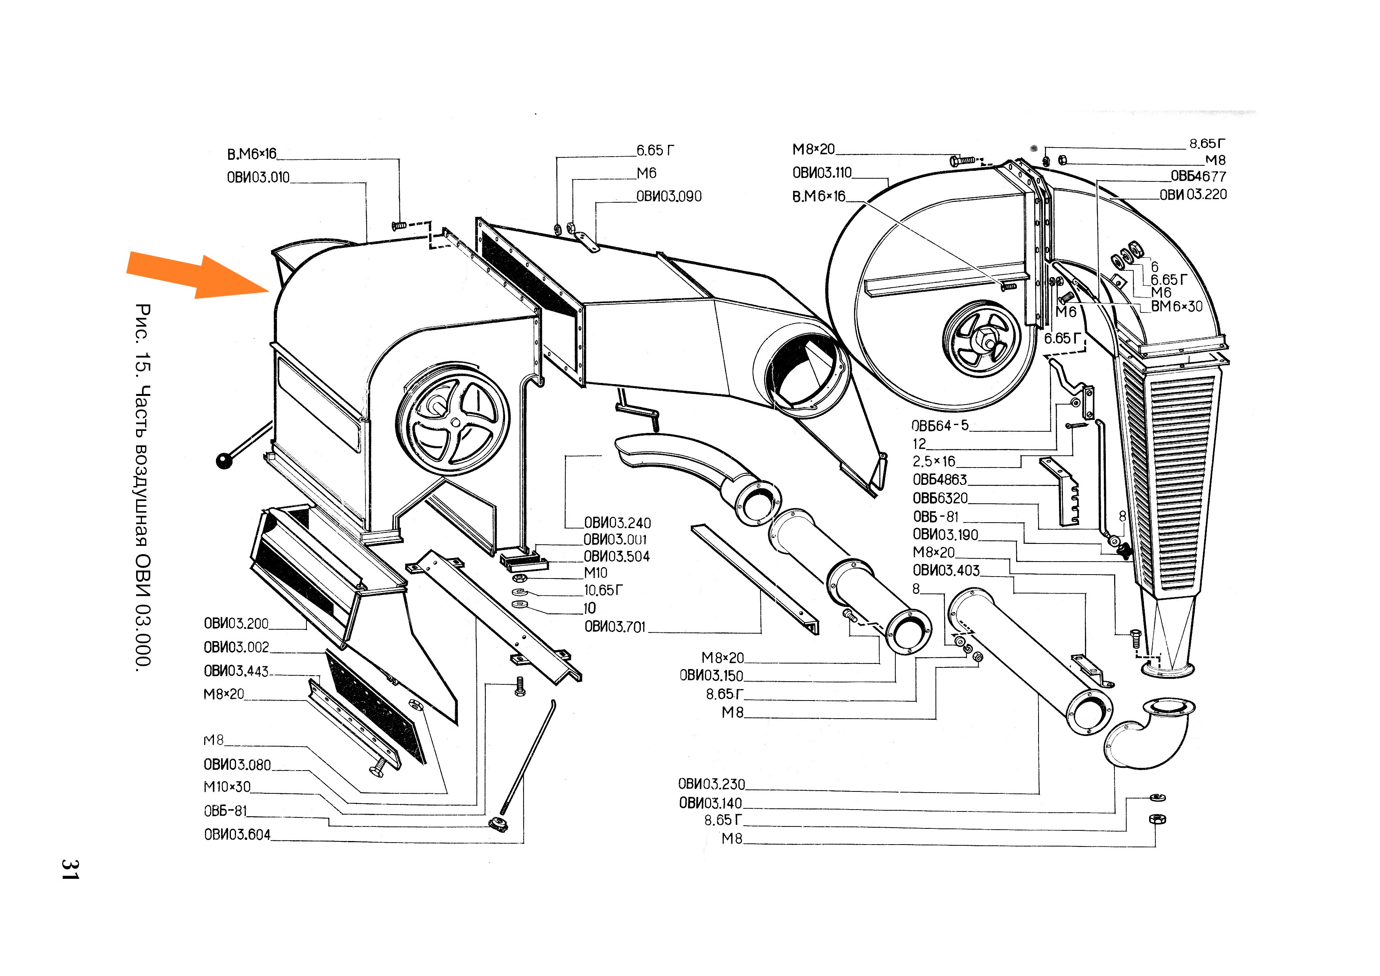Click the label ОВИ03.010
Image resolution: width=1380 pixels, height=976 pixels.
pos(258,178)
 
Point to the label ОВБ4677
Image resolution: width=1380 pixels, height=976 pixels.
pos(1198,177)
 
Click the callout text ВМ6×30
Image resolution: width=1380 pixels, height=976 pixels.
pos(1176,307)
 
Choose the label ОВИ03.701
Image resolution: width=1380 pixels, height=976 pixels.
pos(615,627)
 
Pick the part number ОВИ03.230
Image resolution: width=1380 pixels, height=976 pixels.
pos(711,784)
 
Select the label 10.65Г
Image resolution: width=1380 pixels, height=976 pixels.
pos(603,591)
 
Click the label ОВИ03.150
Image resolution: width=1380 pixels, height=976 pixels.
pos(711,676)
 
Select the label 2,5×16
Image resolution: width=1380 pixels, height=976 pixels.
pos(934,462)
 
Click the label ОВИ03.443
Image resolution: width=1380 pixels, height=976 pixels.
pos(236,671)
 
